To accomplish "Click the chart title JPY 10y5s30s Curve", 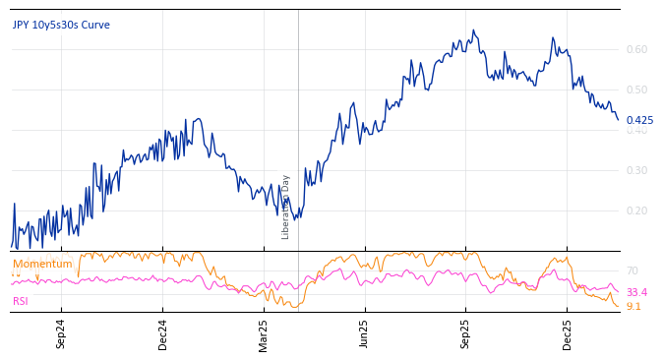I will click(x=61, y=25).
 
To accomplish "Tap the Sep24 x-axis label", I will click(x=61, y=334).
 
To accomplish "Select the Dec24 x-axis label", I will click(x=162, y=334).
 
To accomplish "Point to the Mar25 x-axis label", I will click(x=264, y=334).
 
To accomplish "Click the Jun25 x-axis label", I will click(x=364, y=334).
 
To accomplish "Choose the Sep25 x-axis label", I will click(x=465, y=334).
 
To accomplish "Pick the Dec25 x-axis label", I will click(x=567, y=334).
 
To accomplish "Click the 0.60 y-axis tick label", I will click(x=637, y=49).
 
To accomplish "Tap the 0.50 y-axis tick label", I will click(x=637, y=90).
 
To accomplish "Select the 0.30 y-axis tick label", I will click(x=637, y=170).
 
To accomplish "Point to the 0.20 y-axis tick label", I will click(x=637, y=210).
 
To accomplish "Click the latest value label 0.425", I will click(x=639, y=120).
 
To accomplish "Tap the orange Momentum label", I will click(x=42, y=264).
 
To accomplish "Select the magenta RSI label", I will click(x=21, y=301).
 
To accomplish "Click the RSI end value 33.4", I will click(x=636, y=292).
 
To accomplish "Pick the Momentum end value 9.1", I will click(x=633, y=306).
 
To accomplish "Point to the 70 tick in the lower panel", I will click(x=633, y=270).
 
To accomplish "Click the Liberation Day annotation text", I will click(x=286, y=207).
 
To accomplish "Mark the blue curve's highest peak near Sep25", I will click(x=473, y=30).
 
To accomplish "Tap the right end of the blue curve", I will click(x=618, y=120).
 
